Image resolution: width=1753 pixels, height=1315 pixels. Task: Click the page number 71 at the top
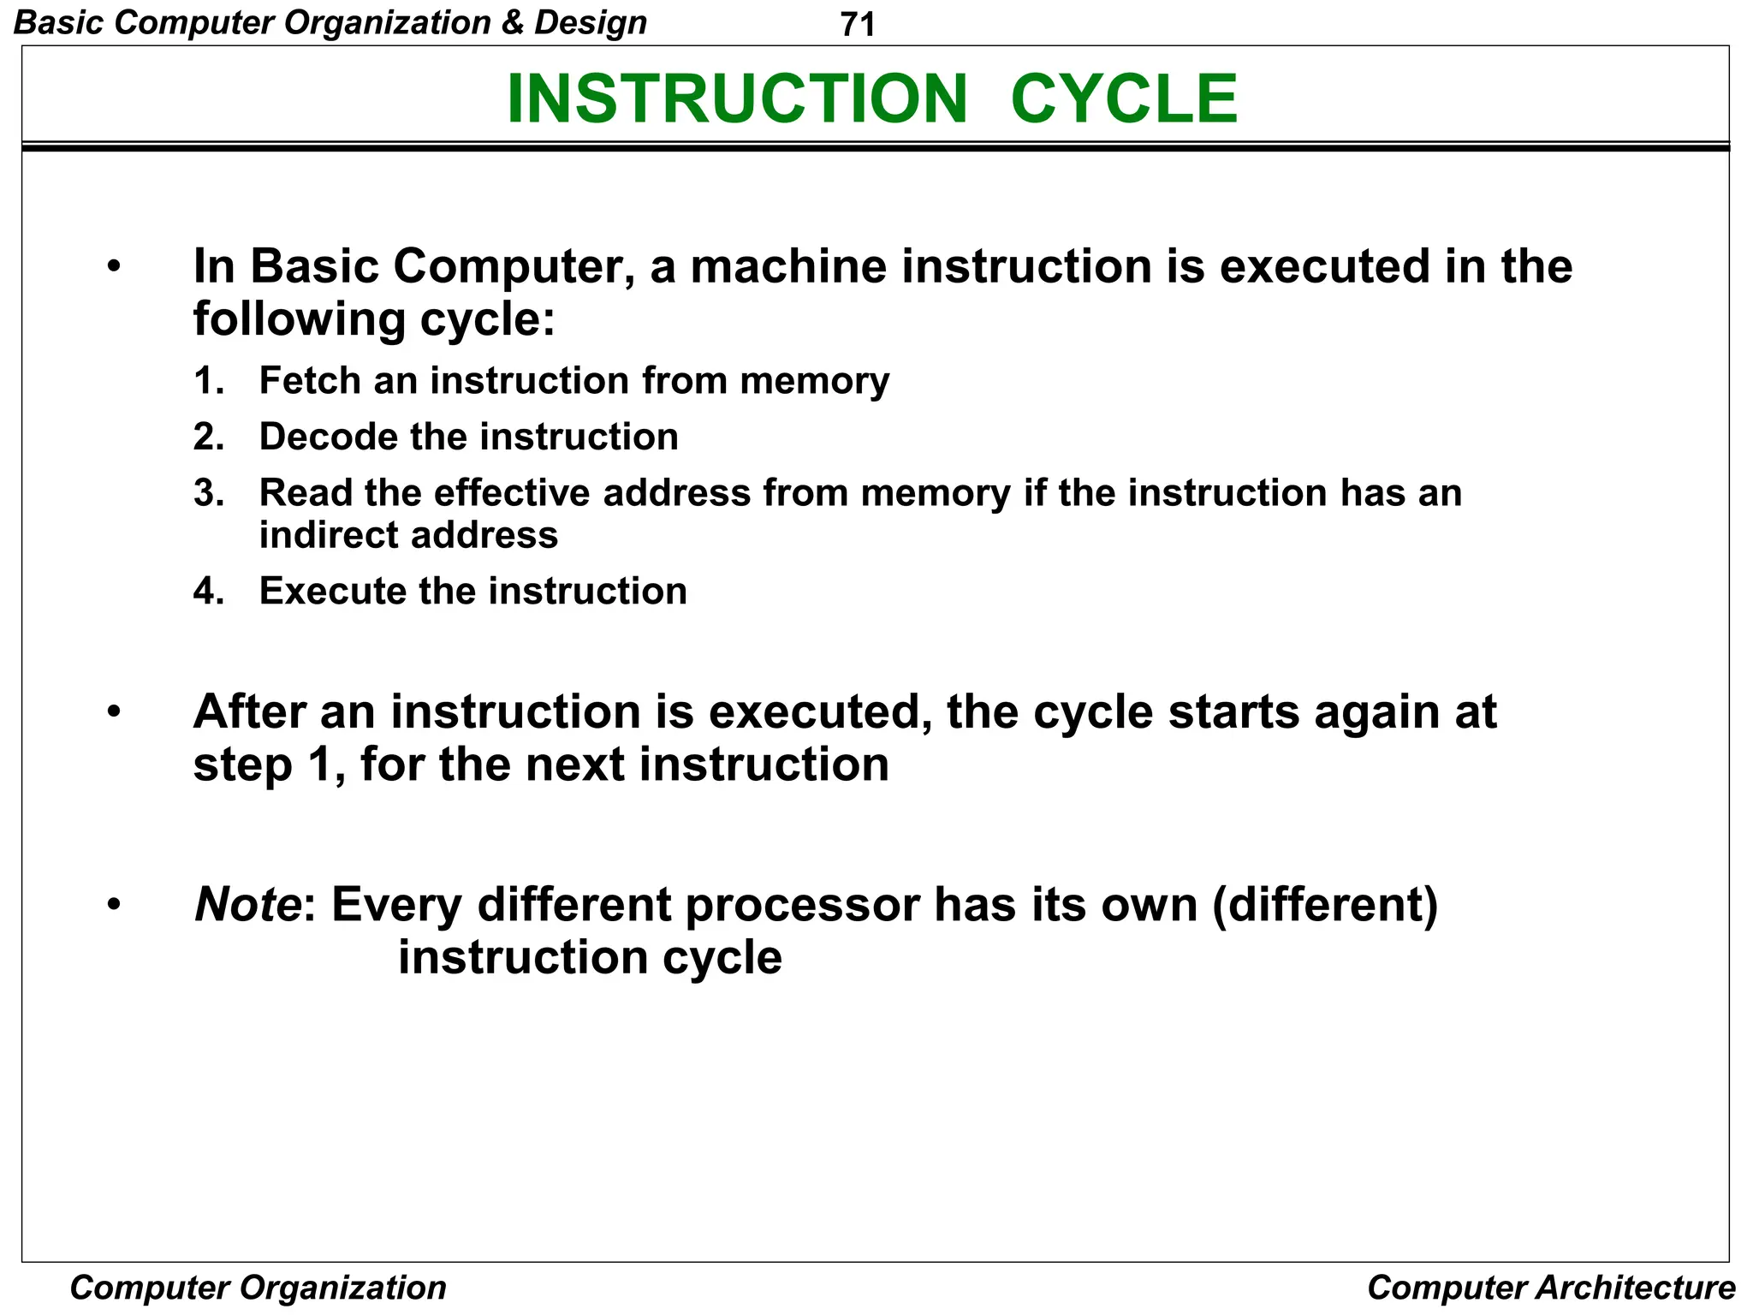point(858,24)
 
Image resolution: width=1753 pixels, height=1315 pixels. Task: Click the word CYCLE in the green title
point(1124,98)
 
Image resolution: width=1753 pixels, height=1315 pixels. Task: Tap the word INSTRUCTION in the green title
point(737,98)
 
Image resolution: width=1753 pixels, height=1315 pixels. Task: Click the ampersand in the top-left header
point(513,22)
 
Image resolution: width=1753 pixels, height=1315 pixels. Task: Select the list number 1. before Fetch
point(208,380)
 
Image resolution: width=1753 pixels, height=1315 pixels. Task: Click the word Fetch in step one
point(310,380)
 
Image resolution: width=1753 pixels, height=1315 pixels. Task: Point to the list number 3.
point(208,493)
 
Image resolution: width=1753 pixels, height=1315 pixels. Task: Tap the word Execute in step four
point(332,592)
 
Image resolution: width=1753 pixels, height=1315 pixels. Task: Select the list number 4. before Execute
point(208,592)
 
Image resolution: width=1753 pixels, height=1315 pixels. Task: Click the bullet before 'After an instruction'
point(115,712)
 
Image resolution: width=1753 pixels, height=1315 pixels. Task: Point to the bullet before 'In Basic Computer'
point(115,267)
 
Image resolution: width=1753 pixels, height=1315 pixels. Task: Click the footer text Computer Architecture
point(1551,1288)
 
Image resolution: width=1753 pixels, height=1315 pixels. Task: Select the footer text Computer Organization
point(258,1288)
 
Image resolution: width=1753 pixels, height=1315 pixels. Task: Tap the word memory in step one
point(814,382)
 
